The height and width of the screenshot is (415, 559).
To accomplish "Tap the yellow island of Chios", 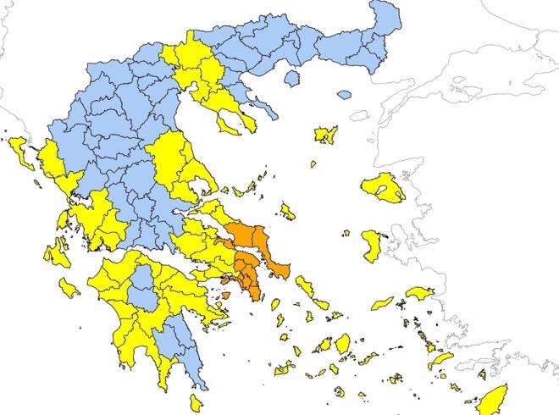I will coord(371,246).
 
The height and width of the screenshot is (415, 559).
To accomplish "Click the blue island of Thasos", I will coord(291,79).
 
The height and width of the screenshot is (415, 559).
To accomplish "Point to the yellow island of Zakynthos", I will coord(69,290).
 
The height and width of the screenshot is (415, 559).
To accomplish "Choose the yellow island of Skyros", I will coord(288,211).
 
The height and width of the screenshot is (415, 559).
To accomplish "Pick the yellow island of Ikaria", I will coord(383,302).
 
